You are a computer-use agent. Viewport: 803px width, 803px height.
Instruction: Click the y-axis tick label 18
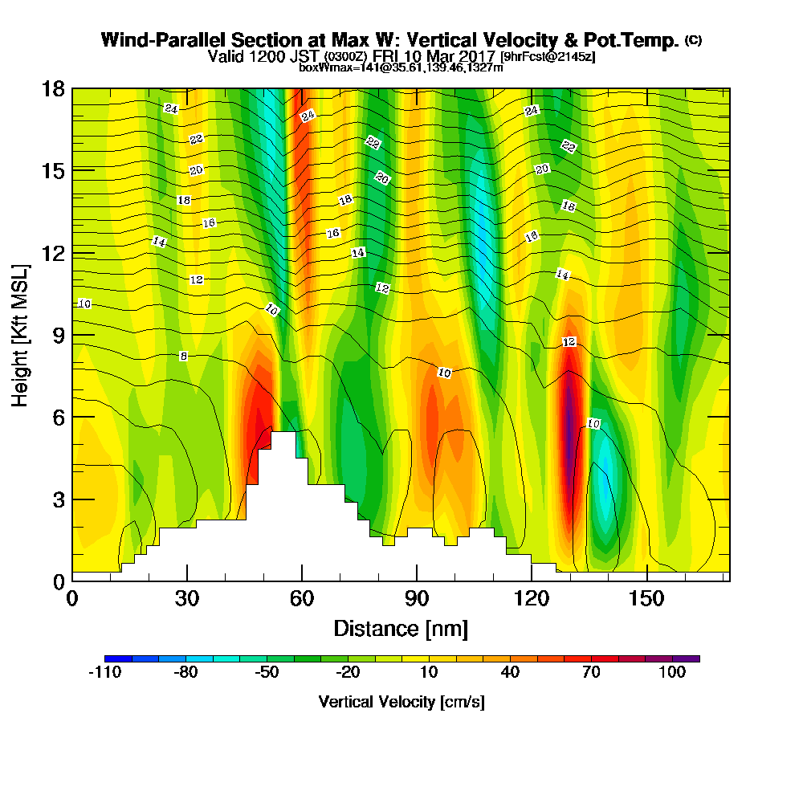click(53, 88)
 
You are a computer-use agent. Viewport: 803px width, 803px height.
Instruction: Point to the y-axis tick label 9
click(59, 335)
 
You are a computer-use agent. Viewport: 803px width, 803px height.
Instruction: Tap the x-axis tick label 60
click(302, 599)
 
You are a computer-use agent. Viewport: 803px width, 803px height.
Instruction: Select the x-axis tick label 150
click(646, 599)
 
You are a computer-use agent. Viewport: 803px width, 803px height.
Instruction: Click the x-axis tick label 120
click(532, 599)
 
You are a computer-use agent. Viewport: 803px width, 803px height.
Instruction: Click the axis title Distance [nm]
click(401, 628)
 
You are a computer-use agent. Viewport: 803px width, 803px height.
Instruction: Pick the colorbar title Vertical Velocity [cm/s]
click(401, 702)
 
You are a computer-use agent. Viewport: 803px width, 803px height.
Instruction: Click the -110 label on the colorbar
click(104, 673)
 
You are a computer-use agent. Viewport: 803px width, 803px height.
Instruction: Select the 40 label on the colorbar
click(511, 673)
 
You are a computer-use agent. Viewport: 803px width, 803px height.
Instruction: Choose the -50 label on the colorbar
click(267, 673)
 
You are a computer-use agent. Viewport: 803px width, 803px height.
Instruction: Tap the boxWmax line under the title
click(401, 67)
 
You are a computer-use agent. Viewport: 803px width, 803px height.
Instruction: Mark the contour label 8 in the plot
click(184, 356)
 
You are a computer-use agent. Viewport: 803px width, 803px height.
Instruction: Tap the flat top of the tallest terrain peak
click(283, 434)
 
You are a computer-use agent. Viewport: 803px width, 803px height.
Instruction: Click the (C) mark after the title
click(693, 40)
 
